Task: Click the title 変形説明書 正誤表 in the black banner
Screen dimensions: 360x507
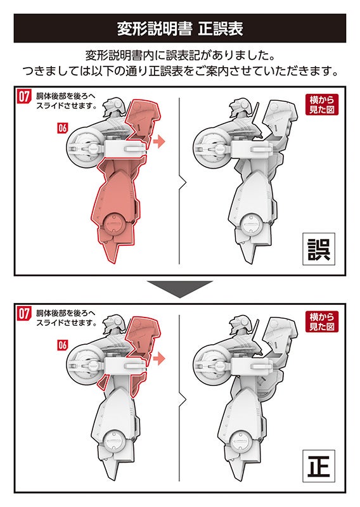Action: [x=180, y=29]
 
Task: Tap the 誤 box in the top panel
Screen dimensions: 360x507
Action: [x=319, y=249]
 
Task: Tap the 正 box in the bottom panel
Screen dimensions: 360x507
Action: [x=319, y=466]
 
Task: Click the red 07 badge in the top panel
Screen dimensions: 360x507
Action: [x=24, y=96]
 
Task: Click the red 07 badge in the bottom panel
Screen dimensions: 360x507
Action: [x=24, y=313]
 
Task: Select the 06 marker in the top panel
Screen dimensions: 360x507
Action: [x=62, y=128]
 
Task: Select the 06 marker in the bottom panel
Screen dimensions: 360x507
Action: [x=62, y=345]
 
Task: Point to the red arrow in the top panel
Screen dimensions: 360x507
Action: [x=159, y=141]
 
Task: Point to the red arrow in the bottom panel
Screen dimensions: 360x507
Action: [x=159, y=358]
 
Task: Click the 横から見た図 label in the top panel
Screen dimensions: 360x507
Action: [x=321, y=105]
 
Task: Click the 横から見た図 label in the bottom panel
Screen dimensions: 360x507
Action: [x=321, y=321]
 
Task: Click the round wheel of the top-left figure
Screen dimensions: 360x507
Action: [x=83, y=148]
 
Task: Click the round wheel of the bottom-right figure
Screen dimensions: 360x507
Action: [x=210, y=365]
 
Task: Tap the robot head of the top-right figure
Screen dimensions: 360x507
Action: [x=240, y=108]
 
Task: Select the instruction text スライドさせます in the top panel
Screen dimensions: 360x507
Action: [x=67, y=106]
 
